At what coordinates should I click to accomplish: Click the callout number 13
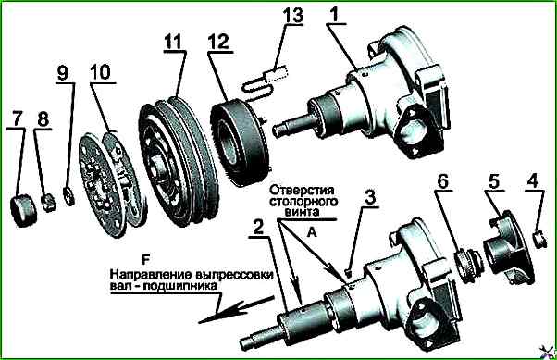click(x=293, y=16)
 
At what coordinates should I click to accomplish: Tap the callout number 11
click(x=173, y=42)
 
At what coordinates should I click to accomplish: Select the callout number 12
click(x=219, y=42)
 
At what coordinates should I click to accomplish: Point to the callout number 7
click(x=18, y=118)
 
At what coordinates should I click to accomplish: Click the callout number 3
click(x=370, y=197)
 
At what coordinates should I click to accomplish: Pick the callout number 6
click(x=442, y=181)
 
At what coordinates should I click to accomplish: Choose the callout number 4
click(x=533, y=181)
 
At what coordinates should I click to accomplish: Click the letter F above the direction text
click(x=146, y=260)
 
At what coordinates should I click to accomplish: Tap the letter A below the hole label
click(x=312, y=232)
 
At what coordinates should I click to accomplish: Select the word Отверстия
click(x=302, y=190)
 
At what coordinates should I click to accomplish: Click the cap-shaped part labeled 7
click(x=23, y=210)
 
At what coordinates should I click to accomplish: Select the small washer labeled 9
click(x=68, y=196)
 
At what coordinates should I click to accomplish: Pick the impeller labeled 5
click(x=508, y=248)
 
